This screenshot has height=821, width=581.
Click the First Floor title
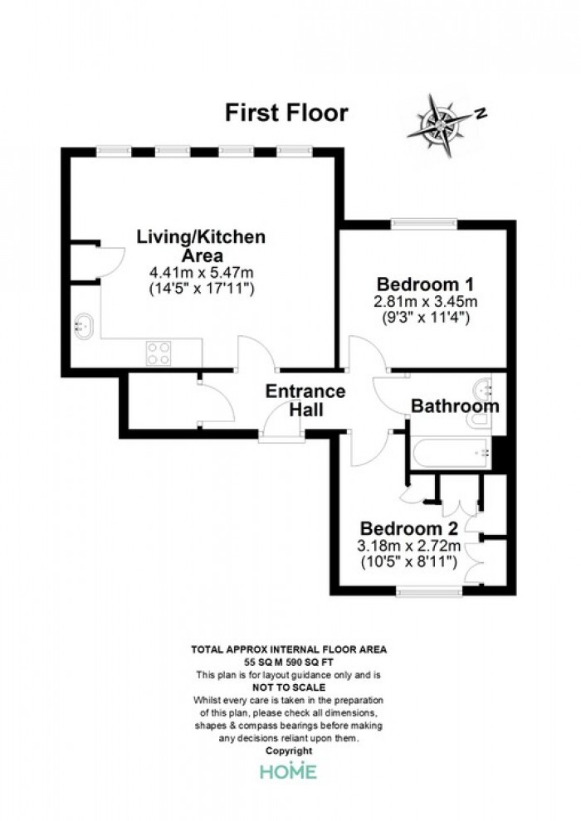coord(286,113)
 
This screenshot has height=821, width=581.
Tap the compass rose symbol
coord(441,125)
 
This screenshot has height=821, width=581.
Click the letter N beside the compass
coord(481,113)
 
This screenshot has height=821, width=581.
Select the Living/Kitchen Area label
coord(201,246)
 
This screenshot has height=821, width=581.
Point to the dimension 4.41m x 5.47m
coord(202,272)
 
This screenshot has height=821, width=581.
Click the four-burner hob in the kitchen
coord(159,352)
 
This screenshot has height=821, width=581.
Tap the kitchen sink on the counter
coord(83,326)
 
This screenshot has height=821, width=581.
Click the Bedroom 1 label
coord(426,284)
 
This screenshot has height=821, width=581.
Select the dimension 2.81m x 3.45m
coord(426,302)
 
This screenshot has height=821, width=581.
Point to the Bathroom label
coord(455,406)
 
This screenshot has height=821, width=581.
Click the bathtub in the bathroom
coord(452,453)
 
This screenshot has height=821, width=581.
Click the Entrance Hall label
coord(306,400)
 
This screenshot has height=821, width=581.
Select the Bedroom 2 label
coord(409,527)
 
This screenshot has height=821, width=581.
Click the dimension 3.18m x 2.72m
coord(409,546)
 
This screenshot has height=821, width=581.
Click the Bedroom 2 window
coord(430,590)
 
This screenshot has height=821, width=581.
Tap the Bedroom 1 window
coord(424,224)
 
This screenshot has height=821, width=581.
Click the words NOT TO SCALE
coord(289,687)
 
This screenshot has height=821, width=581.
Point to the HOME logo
coord(288,770)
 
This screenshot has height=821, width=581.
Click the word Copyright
coord(289,751)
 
